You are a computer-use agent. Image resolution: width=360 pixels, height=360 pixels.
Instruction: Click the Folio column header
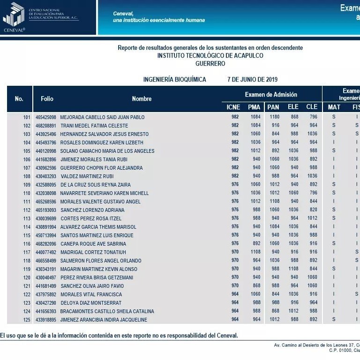47,99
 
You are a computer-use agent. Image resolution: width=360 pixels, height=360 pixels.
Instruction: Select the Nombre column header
142,99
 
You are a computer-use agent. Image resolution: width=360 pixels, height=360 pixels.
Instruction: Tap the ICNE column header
233,107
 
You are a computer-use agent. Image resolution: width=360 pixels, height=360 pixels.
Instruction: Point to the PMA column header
254,107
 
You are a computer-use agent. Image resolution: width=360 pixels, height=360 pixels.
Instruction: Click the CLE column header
312,107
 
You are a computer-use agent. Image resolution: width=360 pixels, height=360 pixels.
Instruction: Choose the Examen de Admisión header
271,95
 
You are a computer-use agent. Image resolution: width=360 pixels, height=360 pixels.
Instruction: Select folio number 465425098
46,117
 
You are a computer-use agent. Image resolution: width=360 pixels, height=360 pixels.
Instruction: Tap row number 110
27,193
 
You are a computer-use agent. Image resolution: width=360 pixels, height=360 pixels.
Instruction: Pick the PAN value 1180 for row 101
275,117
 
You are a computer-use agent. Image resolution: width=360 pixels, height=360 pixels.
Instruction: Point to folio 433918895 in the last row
46,320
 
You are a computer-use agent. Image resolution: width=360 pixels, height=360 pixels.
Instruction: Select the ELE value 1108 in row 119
293,269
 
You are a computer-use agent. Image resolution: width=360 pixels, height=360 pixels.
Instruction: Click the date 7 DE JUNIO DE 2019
252,80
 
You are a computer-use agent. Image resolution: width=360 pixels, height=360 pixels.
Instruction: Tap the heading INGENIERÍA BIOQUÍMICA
174,80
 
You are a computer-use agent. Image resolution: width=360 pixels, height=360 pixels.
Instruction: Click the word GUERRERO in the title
210,64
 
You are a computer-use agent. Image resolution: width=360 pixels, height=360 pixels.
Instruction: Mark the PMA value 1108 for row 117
255,252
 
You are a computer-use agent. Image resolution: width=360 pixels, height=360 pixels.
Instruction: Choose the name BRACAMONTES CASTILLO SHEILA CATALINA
107,311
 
